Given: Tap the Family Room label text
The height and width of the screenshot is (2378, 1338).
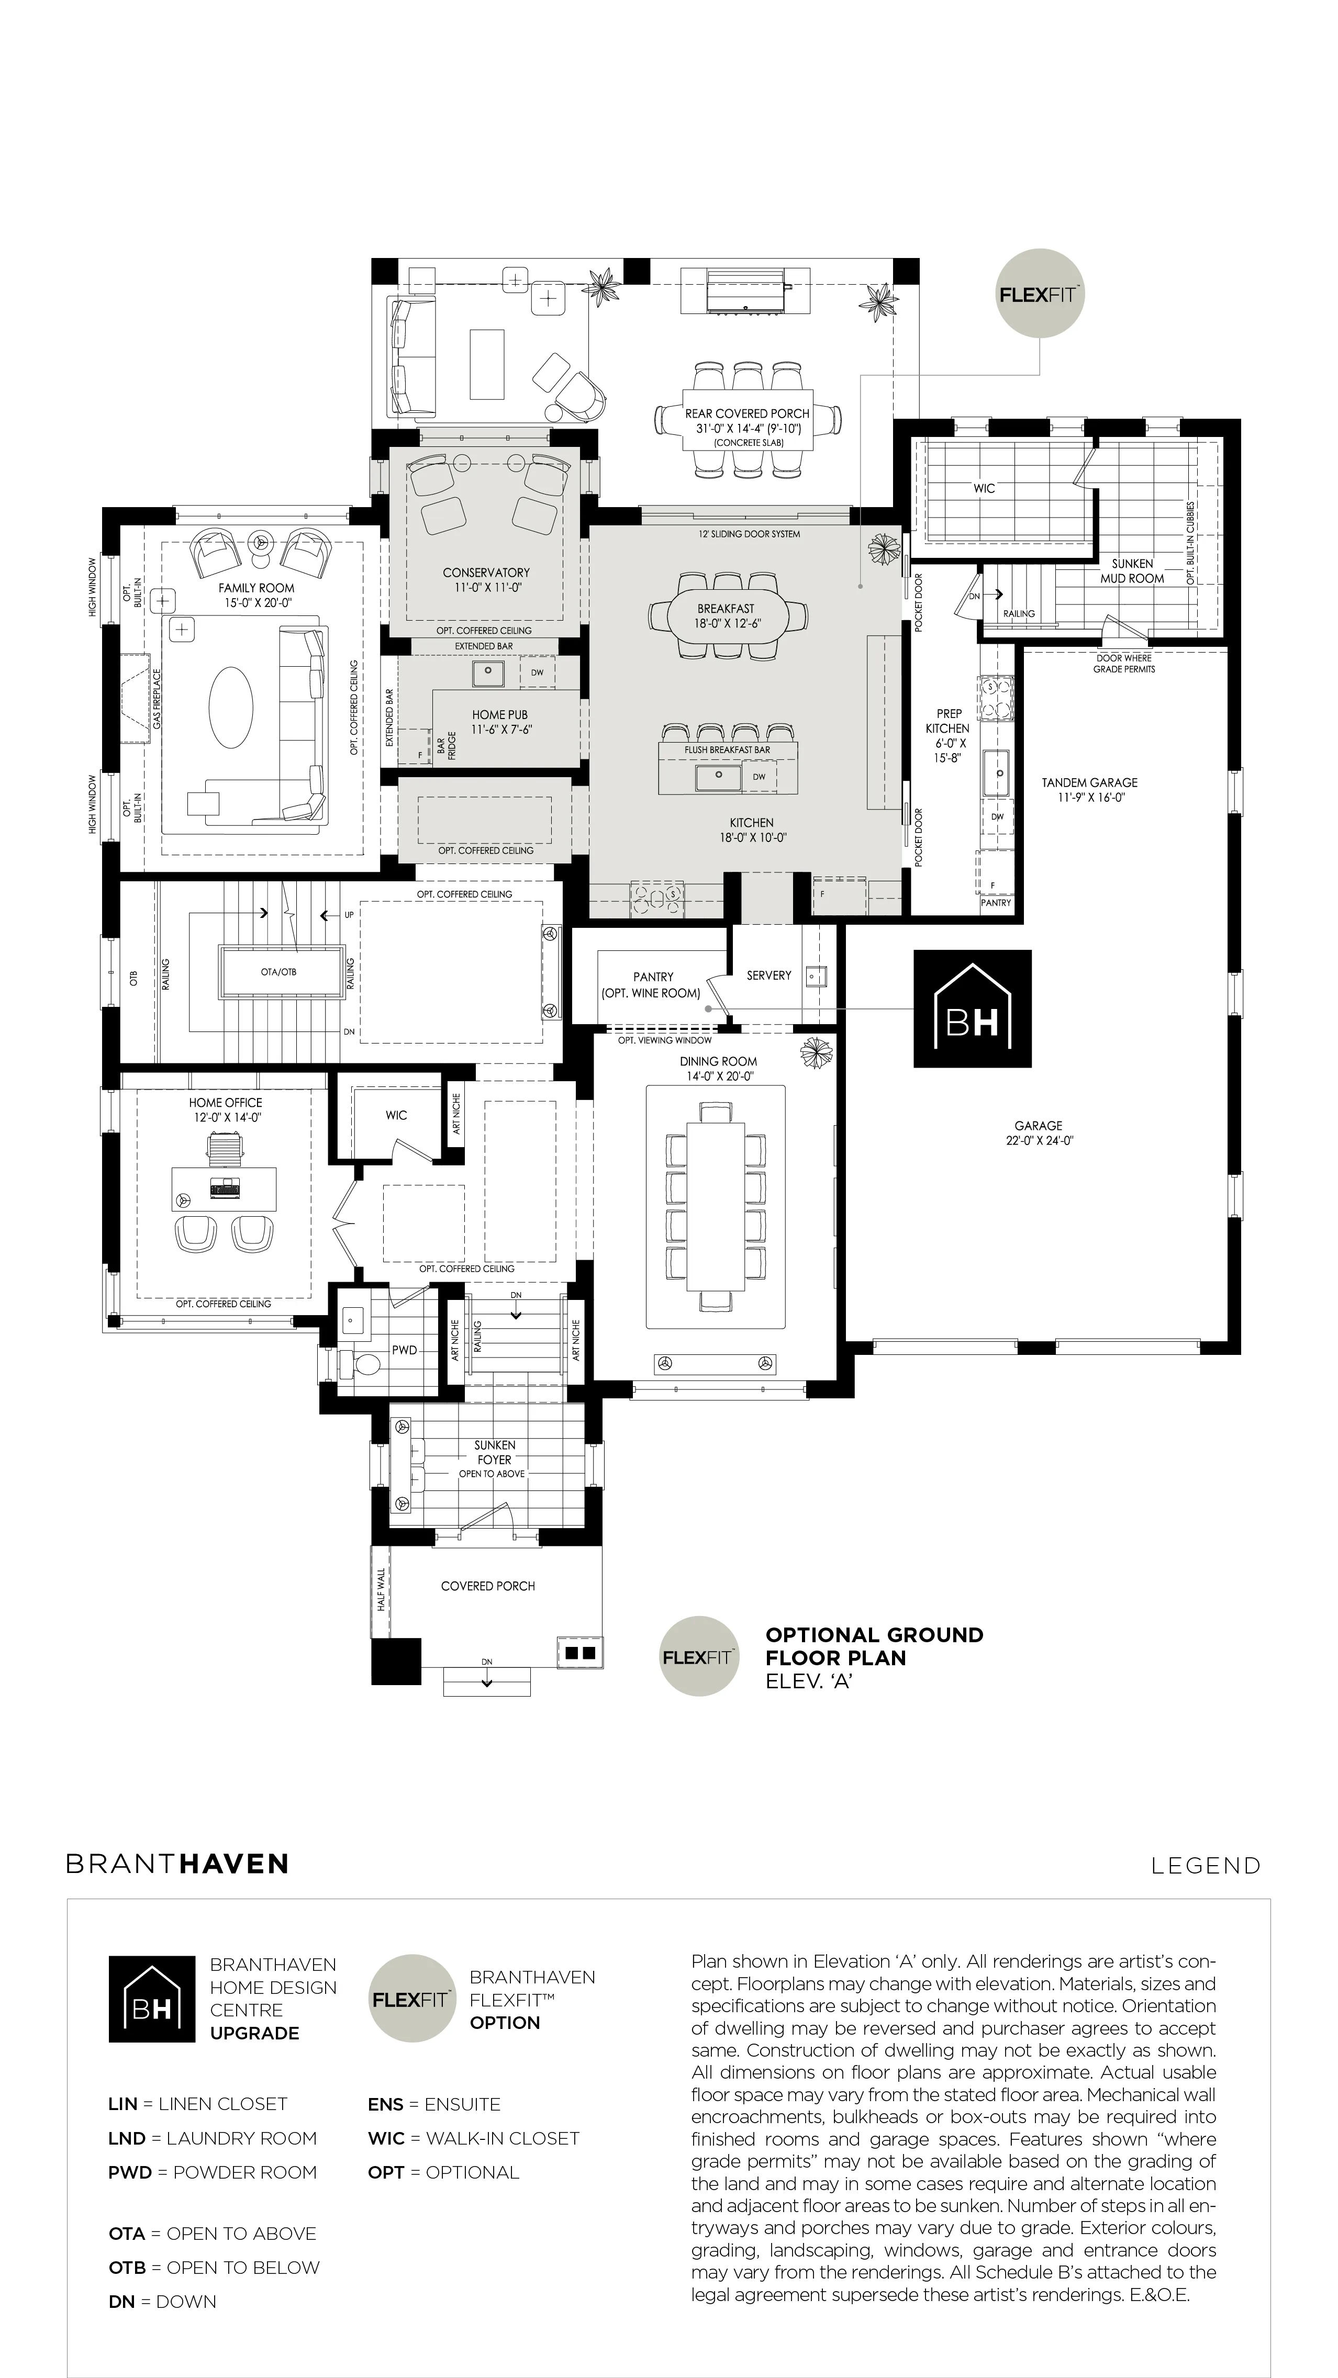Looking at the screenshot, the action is pyautogui.click(x=257, y=588).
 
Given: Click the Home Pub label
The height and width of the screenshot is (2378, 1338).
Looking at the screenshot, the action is pyautogui.click(x=499, y=714).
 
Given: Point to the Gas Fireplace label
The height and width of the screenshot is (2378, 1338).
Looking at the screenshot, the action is pyautogui.click(x=157, y=699).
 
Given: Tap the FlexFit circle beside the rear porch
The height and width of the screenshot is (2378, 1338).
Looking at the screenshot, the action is pyautogui.click(x=1040, y=295).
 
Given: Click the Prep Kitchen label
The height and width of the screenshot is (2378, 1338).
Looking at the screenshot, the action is pyautogui.click(x=949, y=721).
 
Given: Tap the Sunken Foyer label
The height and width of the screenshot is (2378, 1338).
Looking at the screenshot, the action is pyautogui.click(x=495, y=1452).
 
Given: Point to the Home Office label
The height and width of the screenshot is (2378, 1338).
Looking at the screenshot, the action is pyautogui.click(x=225, y=1102).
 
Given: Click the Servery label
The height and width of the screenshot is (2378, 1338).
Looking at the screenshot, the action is pyautogui.click(x=769, y=975).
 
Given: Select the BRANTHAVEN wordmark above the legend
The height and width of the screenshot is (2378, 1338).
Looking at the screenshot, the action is pyautogui.click(x=177, y=1864).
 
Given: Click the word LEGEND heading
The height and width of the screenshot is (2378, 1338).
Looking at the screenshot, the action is pyautogui.click(x=1206, y=1866).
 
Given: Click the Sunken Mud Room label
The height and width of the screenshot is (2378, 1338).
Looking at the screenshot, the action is pyautogui.click(x=1132, y=570).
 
